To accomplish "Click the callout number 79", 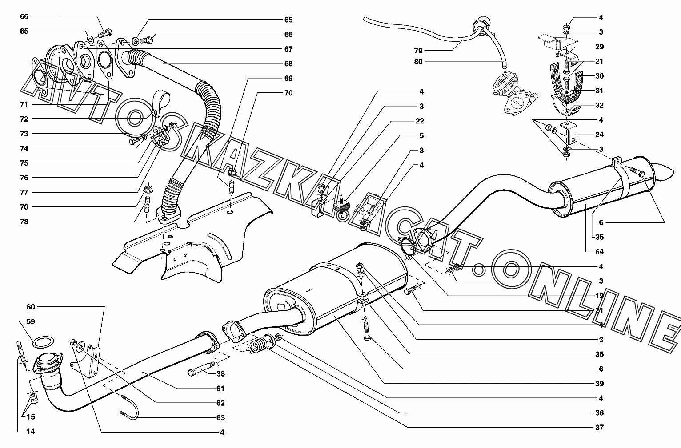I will (418, 51).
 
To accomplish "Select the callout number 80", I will (418, 62).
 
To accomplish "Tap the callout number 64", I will (599, 252).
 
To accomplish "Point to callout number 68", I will (288, 63).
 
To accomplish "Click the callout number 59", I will (30, 321).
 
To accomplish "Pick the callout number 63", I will (220, 418).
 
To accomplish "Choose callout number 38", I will (220, 374).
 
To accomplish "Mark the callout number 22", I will (420, 121).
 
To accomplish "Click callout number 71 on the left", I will (24, 104).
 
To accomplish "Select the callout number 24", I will (599, 135).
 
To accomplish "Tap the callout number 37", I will (599, 428).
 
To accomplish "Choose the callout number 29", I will (599, 47).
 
